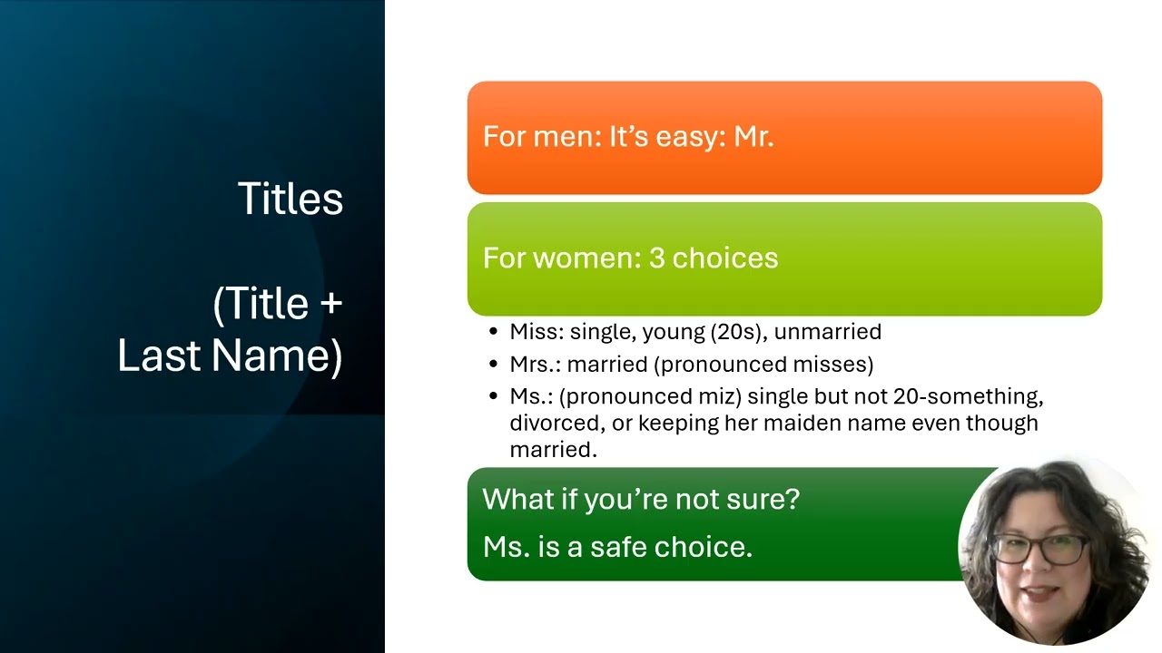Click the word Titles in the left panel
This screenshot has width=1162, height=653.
pyautogui.click(x=290, y=199)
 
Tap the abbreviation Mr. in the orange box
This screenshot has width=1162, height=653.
pyautogui.click(x=753, y=137)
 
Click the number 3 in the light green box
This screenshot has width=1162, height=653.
pyautogui.click(x=656, y=258)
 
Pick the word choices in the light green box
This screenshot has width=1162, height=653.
pyautogui.click(x=725, y=258)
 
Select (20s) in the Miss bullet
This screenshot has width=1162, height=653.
pyautogui.click(x=739, y=332)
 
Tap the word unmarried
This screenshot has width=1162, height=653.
pyautogui.click(x=827, y=332)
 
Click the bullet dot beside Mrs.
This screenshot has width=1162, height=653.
pyautogui.click(x=493, y=364)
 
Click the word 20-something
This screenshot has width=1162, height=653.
pyautogui.click(x=968, y=397)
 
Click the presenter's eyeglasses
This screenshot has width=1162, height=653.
pyautogui.click(x=1041, y=549)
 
